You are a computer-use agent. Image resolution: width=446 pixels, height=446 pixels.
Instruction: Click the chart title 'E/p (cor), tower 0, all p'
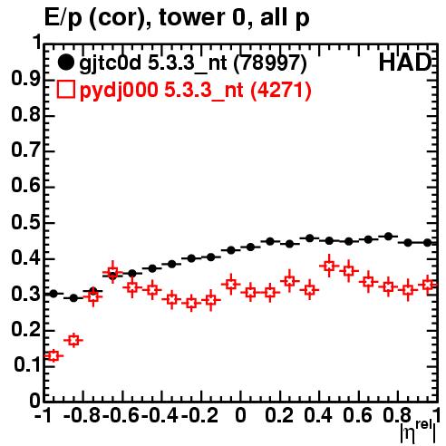pyautogui.click(x=177, y=18)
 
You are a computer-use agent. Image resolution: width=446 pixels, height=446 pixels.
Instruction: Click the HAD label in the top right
pyautogui.click(x=404, y=63)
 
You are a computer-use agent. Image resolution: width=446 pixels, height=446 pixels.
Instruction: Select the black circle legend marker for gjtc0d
pyautogui.click(x=65, y=63)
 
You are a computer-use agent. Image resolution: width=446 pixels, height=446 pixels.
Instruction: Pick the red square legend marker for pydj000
pyautogui.click(x=65, y=90)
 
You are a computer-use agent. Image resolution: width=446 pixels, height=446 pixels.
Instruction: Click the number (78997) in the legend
pyautogui.click(x=270, y=63)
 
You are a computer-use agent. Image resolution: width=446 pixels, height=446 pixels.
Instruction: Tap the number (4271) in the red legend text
pyautogui.click(x=281, y=90)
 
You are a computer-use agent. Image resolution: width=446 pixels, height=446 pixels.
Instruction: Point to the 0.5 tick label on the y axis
pyautogui.click(x=25, y=223)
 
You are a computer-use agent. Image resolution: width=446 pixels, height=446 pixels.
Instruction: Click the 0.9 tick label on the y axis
pyautogui.click(x=25, y=79)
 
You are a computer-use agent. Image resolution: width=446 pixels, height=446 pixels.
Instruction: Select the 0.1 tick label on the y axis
pyautogui.click(x=26, y=364)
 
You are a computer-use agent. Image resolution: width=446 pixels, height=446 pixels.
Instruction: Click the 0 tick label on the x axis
pyautogui.click(x=240, y=415)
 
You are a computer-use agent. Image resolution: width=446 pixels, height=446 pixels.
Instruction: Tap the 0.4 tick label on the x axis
pyautogui.click(x=318, y=415)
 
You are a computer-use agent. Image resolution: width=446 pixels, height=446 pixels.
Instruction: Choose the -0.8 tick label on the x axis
pyautogui.click(x=82, y=415)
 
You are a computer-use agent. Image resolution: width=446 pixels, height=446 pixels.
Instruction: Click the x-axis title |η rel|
pyautogui.click(x=418, y=432)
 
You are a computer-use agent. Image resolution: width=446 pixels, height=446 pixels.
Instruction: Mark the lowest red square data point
pyautogui.click(x=53, y=356)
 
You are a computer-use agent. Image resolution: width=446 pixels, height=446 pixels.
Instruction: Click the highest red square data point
pyautogui.click(x=329, y=266)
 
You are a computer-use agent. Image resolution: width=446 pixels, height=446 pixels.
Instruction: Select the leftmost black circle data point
pyautogui.click(x=53, y=294)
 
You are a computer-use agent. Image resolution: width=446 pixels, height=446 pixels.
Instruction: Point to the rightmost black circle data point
pyautogui.click(x=427, y=242)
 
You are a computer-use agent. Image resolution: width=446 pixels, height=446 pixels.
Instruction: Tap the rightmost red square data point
pyautogui.click(x=428, y=285)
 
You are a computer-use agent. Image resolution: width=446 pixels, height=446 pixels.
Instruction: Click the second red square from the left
pyautogui.click(x=73, y=341)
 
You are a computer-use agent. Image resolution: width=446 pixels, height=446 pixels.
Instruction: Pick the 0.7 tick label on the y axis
pyautogui.click(x=25, y=150)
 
